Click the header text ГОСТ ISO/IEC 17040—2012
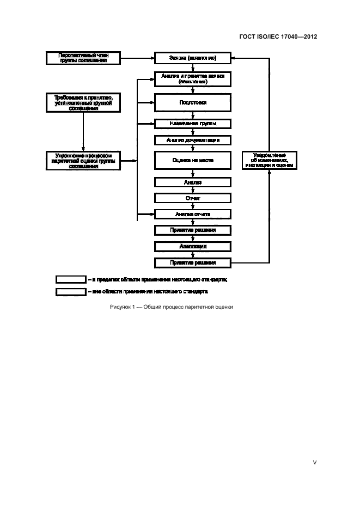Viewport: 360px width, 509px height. coord(278,37)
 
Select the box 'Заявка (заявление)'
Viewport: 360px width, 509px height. coord(193,58)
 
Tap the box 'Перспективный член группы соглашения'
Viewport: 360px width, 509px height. coord(83,58)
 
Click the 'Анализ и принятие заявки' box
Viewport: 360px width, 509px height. coord(193,78)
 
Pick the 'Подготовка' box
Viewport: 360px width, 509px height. coord(193,102)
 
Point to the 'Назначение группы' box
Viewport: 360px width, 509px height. coord(193,124)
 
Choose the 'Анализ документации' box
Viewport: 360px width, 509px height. coord(193,140)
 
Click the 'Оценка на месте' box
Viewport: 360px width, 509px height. coord(193,161)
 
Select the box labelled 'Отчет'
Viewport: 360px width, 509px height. coord(193,198)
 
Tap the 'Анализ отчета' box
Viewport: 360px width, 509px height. coord(193,214)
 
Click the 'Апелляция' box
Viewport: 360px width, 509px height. coord(193,246)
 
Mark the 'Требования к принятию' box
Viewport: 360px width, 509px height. coord(83,102)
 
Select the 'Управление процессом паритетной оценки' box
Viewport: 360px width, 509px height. coord(83,161)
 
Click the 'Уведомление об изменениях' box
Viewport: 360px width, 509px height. coord(270,161)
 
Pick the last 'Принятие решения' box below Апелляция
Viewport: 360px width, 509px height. coord(193,263)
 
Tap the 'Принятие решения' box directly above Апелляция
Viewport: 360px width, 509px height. coord(193,230)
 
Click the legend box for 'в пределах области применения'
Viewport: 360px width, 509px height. coord(71,279)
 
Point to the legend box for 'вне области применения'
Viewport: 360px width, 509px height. coord(71,292)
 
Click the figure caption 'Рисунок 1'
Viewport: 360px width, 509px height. coord(171,307)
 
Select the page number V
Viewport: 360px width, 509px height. coord(314,463)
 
